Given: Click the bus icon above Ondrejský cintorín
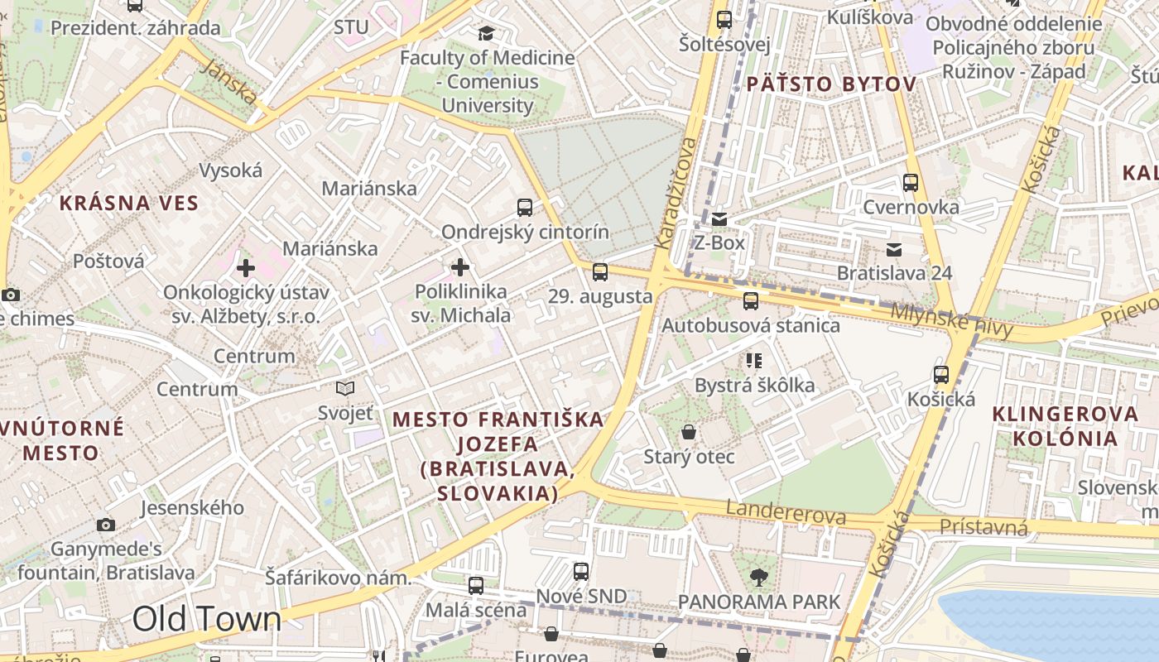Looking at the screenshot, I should [x=525, y=208].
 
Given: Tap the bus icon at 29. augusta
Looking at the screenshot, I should [x=600, y=271].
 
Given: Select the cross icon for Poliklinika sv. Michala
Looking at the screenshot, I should [x=460, y=267].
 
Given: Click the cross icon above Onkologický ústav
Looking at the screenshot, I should [x=246, y=268].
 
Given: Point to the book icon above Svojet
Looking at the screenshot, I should [x=345, y=388].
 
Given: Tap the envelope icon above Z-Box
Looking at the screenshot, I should [x=719, y=219].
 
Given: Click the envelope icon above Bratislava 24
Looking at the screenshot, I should [x=894, y=250].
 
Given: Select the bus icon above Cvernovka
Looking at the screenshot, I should [x=911, y=183].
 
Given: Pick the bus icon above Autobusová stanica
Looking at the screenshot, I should [x=751, y=301].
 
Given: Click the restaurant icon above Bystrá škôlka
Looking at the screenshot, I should [x=753, y=360].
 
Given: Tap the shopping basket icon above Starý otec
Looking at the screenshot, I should [x=689, y=432].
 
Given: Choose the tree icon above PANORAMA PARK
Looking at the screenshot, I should [x=758, y=577].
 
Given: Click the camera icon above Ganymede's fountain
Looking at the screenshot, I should [x=106, y=525].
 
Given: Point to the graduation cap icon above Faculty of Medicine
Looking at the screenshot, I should [x=486, y=33].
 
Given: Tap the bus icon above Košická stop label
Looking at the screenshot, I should [x=941, y=375].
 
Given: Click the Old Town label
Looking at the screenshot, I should [x=207, y=619].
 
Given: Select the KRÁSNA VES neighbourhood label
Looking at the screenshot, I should [x=129, y=203].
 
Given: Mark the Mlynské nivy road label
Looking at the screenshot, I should [x=952, y=320].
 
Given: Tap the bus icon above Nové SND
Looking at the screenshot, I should [x=581, y=571].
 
